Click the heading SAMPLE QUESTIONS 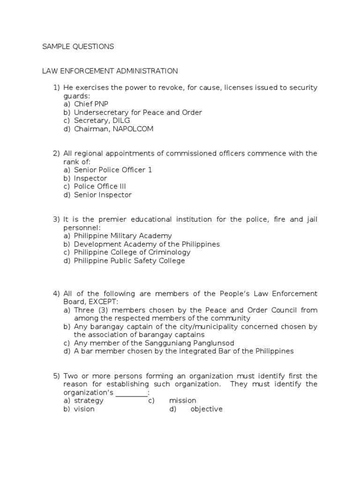coord(78,46)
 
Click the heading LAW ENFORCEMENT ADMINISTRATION coord(110,71)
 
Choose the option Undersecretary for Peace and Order coord(138,112)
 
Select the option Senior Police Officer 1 coord(113,170)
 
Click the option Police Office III coord(100,186)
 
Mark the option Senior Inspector coord(103,195)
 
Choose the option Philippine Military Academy coord(123,236)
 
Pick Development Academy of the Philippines coord(147,244)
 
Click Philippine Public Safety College coord(129,261)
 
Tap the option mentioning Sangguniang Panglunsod coord(154,343)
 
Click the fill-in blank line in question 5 coord(132,393)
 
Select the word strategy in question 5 coord(89,401)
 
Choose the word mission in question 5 coord(183,401)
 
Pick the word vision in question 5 coord(84,409)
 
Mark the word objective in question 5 coord(207,409)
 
